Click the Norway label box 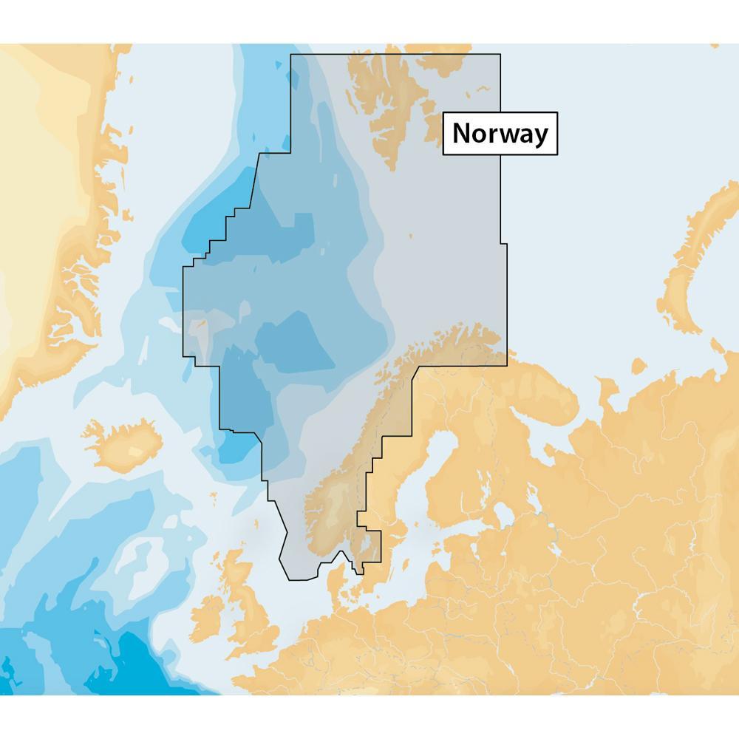[500, 134]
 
